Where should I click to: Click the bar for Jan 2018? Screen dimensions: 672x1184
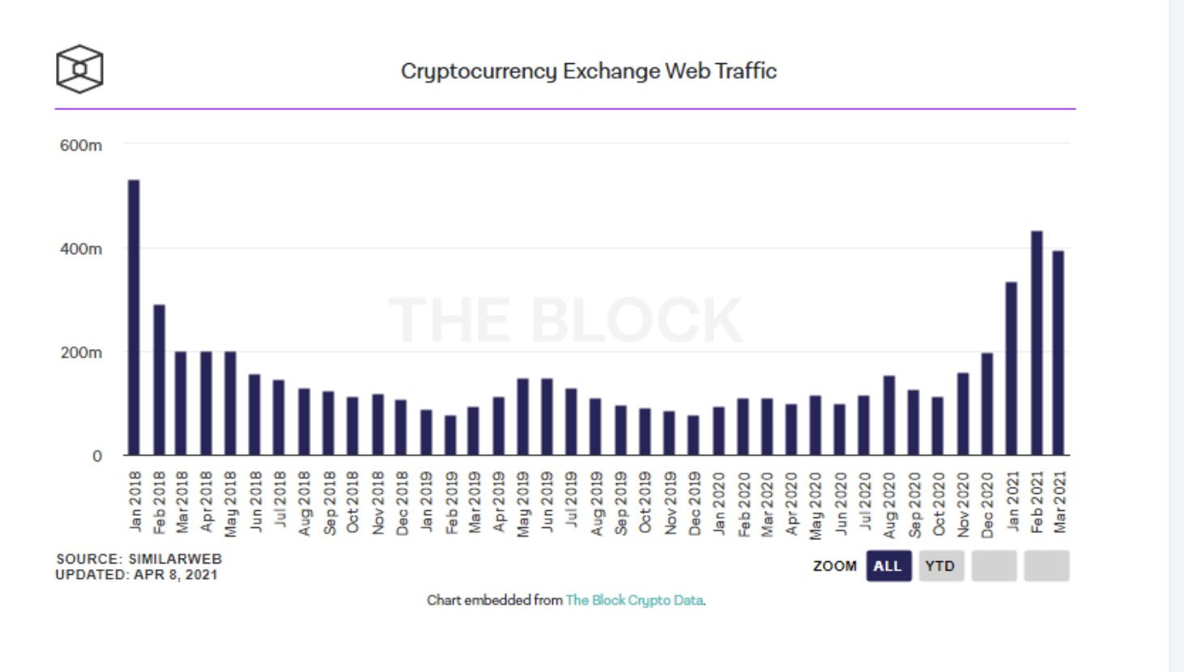[134, 317]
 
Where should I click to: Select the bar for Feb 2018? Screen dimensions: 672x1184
[160, 380]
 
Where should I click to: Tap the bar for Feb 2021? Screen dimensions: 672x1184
[1037, 343]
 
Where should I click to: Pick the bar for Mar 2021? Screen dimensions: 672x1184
[1058, 353]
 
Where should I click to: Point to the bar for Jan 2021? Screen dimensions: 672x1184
[1012, 368]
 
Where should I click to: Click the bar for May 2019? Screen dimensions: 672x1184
[523, 417]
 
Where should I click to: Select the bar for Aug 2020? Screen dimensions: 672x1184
[889, 415]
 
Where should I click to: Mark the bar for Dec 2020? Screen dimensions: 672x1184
[987, 404]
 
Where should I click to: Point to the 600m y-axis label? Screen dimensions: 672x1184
[81, 146]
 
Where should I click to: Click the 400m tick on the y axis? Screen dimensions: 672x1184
[81, 249]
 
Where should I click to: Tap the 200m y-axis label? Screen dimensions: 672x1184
[81, 353]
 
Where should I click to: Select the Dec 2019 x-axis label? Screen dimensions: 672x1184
[694, 504]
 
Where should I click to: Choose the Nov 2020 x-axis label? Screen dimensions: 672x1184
[963, 504]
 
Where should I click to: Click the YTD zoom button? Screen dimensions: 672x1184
[940, 566]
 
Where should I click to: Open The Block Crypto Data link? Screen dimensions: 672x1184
[634, 601]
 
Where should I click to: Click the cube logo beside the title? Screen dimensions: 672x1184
[79, 69]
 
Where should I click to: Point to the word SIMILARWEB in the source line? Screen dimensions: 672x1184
[175, 559]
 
